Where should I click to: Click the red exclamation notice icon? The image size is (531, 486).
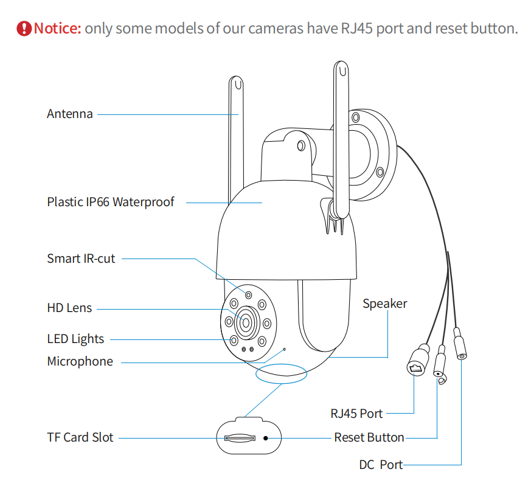click(x=24, y=28)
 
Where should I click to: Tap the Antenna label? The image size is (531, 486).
click(x=70, y=114)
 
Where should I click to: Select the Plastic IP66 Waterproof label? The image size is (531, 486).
click(x=110, y=201)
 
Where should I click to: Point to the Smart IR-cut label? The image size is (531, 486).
click(x=81, y=258)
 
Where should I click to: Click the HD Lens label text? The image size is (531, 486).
click(x=69, y=308)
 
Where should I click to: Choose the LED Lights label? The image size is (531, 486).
click(x=75, y=339)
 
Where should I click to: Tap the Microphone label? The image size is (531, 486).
click(x=80, y=361)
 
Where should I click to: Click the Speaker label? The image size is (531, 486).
click(x=384, y=303)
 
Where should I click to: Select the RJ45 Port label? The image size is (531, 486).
click(x=356, y=414)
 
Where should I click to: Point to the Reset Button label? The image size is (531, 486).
click(x=369, y=437)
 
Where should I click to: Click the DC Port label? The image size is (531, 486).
click(x=380, y=465)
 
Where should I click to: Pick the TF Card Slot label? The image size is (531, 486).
click(x=80, y=437)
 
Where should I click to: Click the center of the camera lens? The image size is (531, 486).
click(x=246, y=322)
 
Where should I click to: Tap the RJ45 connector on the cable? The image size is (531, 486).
click(x=417, y=363)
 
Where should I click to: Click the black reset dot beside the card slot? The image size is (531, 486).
click(x=266, y=437)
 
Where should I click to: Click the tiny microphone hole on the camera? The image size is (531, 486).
click(x=284, y=350)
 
